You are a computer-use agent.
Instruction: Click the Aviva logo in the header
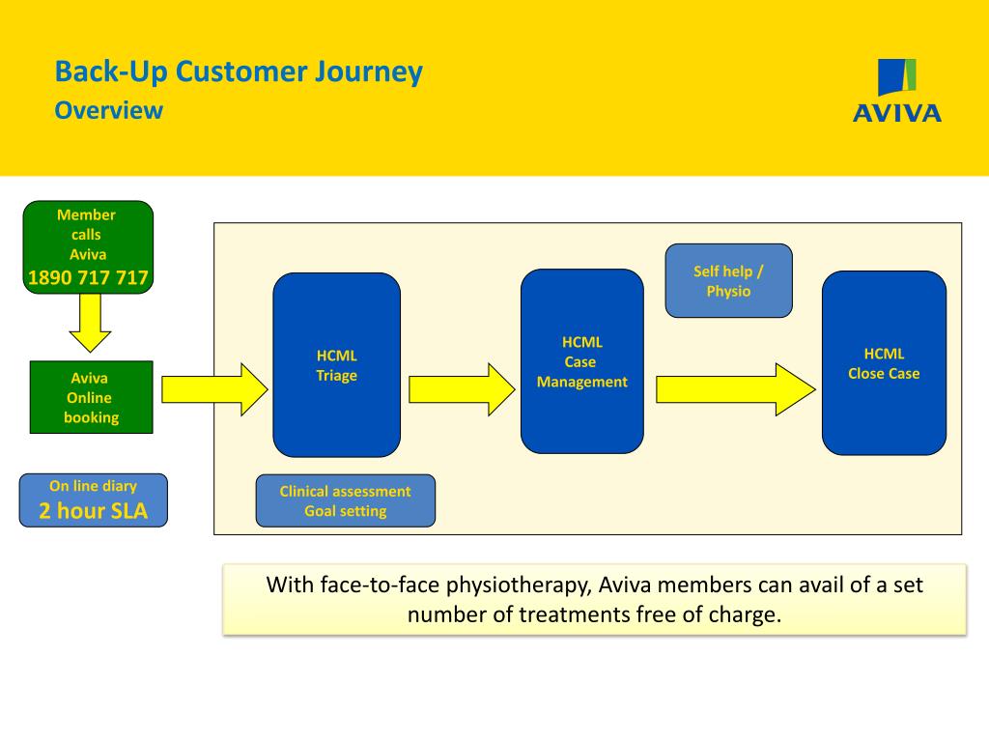point(897,90)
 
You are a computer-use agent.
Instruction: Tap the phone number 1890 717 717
point(88,277)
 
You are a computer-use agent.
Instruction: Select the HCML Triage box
point(337,364)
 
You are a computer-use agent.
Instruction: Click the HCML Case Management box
point(582,361)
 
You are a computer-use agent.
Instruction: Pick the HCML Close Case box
point(884,363)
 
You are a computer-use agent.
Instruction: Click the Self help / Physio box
point(728,281)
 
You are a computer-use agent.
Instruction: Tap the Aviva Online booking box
point(92,397)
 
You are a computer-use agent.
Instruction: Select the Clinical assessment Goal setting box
point(346,501)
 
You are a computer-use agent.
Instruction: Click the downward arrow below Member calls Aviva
point(90,323)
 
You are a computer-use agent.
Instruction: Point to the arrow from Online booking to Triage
point(214,389)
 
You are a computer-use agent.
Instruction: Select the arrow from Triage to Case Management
point(462,389)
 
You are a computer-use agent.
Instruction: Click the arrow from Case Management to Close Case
point(736,389)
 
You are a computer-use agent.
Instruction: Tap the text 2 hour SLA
point(94,510)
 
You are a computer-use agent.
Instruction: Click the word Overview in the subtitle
point(108,110)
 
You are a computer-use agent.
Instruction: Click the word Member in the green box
point(86,214)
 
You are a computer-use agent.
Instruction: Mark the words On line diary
point(94,486)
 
